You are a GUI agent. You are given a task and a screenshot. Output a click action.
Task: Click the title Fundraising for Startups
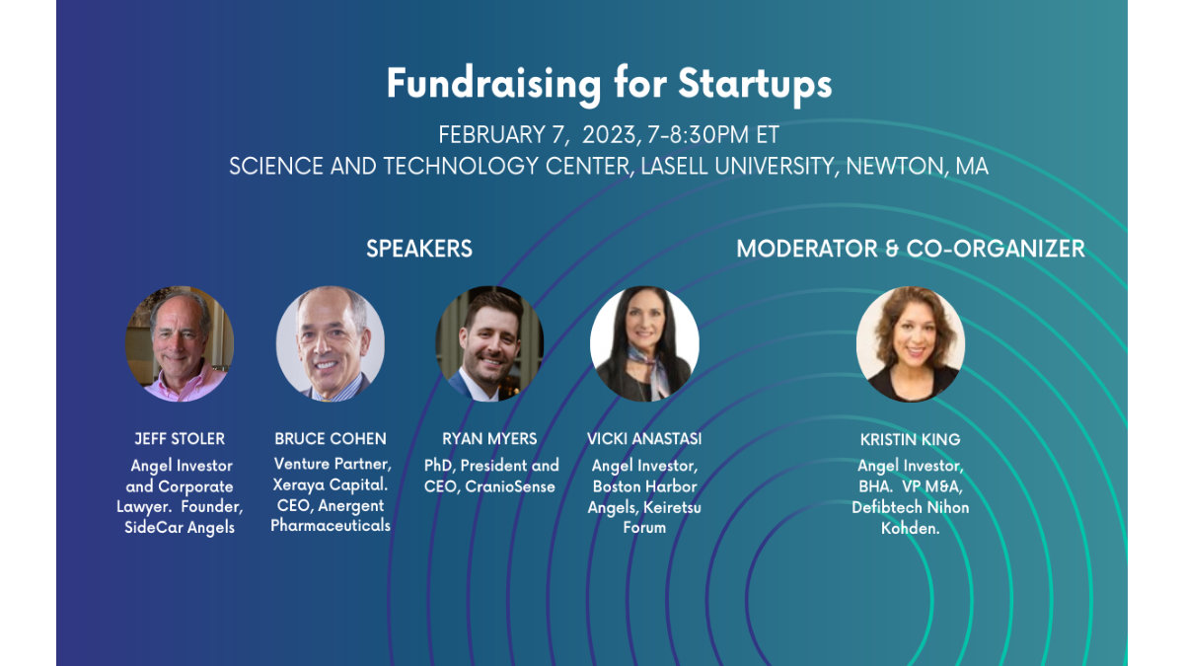(609, 85)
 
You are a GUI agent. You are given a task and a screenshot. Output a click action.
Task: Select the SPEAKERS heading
(419, 249)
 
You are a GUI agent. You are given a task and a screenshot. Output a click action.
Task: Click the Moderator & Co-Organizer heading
(910, 249)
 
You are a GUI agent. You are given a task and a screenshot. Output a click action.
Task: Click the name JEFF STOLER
(180, 438)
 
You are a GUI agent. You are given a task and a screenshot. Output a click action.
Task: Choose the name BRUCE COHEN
(331, 438)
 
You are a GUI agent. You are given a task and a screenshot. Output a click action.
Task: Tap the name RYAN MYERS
(490, 438)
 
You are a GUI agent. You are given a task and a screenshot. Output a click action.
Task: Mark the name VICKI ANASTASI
(644, 438)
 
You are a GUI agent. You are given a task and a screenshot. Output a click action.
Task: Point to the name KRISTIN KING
(910, 438)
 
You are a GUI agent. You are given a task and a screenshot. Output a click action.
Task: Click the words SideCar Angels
(180, 528)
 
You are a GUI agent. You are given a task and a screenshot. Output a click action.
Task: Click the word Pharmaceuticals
(331, 526)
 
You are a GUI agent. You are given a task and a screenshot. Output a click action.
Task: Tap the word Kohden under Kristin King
(910, 528)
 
